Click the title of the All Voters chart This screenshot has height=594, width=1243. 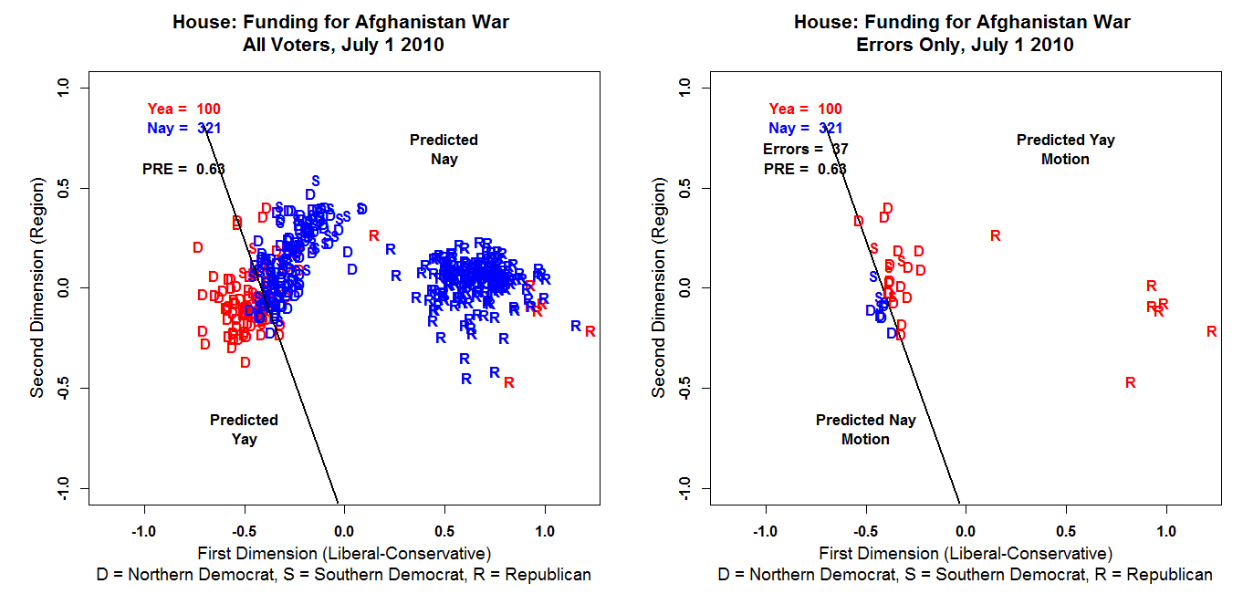[x=340, y=33]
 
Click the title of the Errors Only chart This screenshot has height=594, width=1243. [x=962, y=33]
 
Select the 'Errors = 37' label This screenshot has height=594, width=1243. [x=804, y=149]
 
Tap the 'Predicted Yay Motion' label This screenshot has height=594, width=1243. [x=1065, y=150]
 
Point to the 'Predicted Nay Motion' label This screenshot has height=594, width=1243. [x=865, y=430]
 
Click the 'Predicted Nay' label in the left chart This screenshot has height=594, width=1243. [x=444, y=150]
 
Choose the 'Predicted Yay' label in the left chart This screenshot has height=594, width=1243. [x=244, y=430]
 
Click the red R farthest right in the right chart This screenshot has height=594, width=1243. [x=1211, y=332]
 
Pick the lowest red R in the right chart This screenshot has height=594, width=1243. [x=1130, y=383]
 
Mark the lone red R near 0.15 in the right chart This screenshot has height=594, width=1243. [x=995, y=236]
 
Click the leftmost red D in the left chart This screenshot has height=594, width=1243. [x=197, y=248]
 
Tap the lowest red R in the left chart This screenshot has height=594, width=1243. [x=508, y=383]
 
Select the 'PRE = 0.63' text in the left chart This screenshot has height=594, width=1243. [x=183, y=169]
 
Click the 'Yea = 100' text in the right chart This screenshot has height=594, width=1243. [x=805, y=109]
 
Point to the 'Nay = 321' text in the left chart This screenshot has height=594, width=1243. [x=183, y=129]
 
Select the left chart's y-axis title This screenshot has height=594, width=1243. [x=37, y=287]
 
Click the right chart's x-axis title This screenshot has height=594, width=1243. [x=966, y=554]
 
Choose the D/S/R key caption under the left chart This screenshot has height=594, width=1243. [x=343, y=575]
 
